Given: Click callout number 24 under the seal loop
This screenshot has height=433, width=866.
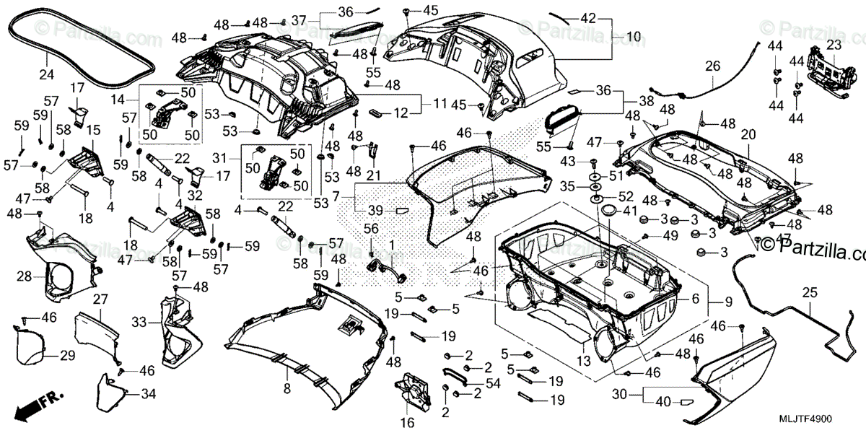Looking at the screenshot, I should [46, 74].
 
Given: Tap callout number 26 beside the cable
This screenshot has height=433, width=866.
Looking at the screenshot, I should [712, 66].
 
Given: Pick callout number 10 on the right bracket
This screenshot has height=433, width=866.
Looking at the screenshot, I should [633, 36].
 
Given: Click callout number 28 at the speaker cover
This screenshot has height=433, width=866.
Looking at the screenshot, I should [25, 276].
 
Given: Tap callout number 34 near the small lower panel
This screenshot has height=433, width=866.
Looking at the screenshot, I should [147, 394].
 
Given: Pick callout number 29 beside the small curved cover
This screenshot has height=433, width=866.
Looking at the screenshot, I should [67, 355].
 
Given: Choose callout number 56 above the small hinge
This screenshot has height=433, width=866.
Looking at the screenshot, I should [371, 228].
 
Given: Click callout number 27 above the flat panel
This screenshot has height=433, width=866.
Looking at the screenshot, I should [100, 299].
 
